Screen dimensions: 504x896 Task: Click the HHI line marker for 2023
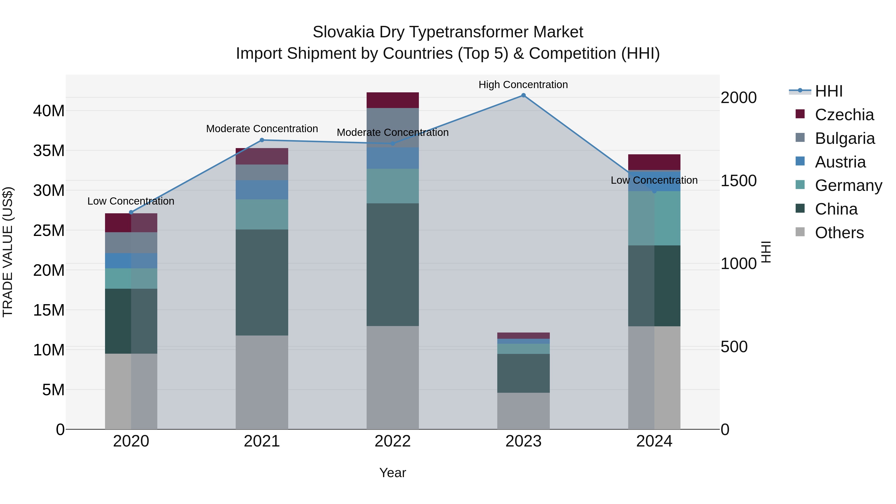[x=523, y=95]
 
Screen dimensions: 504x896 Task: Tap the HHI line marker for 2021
[x=262, y=140]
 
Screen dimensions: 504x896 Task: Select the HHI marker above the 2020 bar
[x=131, y=213]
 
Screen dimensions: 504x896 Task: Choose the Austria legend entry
[x=840, y=162]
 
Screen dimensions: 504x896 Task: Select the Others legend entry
[x=839, y=233]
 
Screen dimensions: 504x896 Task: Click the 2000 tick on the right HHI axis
[x=738, y=98]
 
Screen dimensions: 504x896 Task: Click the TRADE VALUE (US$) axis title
[x=8, y=252]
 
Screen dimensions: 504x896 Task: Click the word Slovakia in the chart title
[x=343, y=32]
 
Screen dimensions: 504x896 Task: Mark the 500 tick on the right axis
[x=734, y=347]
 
